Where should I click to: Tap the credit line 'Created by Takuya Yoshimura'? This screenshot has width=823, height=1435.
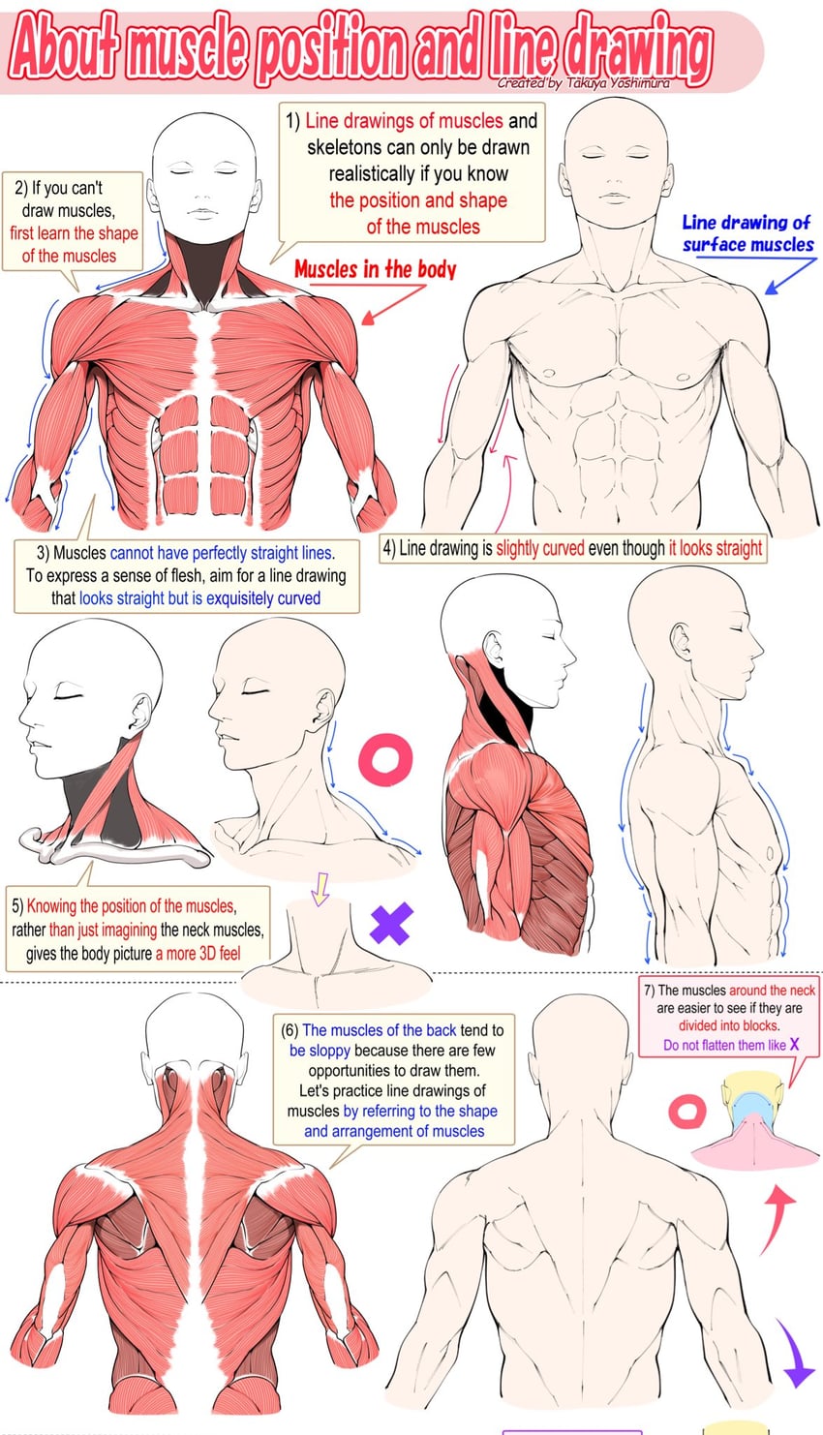[x=584, y=82]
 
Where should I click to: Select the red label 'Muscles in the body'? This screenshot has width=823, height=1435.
[x=376, y=269]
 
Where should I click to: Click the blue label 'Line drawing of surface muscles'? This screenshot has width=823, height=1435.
[x=747, y=233]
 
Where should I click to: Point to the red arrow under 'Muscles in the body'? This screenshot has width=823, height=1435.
[x=394, y=304]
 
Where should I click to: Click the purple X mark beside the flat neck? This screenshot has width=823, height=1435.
[x=391, y=924]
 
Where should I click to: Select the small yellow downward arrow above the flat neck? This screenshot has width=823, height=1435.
[x=320, y=888]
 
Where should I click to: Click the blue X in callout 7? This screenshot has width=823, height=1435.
[x=794, y=1044]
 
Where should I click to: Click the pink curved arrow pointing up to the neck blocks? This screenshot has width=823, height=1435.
[x=777, y=1217]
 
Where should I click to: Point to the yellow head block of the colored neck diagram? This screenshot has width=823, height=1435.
[x=752, y=1084]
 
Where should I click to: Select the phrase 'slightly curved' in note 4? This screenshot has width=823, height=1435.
[x=540, y=548]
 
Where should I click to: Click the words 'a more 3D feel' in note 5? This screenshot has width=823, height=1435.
[x=198, y=953]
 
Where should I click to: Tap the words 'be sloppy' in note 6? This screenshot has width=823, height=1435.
[x=320, y=1051]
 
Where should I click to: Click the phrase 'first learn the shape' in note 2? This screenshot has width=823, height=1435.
[x=74, y=233]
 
